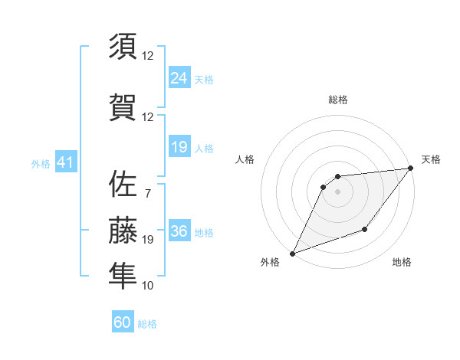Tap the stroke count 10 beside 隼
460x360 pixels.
(x=148, y=286)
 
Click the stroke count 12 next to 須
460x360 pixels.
(x=148, y=56)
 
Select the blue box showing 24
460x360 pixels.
(x=179, y=77)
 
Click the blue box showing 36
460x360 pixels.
(x=179, y=231)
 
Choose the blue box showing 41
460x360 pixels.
(x=64, y=163)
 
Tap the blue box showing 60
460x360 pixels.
(x=122, y=322)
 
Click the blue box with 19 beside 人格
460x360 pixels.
(x=179, y=147)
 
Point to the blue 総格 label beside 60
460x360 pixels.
(x=147, y=324)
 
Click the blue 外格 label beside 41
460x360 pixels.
(x=41, y=164)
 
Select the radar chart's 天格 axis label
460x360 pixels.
(x=431, y=159)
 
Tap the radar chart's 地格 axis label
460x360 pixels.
(x=402, y=262)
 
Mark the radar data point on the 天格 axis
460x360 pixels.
(x=412, y=169)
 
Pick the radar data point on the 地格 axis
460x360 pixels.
(x=365, y=229)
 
